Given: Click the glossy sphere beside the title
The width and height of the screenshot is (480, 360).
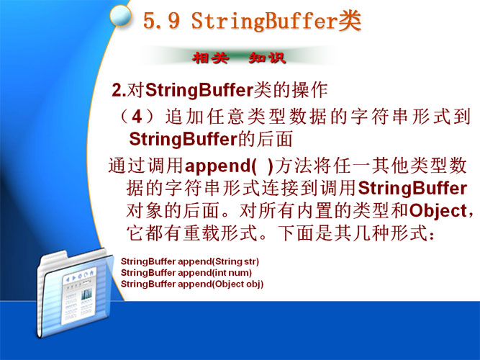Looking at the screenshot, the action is pyautogui.click(x=120, y=16).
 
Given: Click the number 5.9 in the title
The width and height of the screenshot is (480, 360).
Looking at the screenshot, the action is pyautogui.click(x=161, y=21).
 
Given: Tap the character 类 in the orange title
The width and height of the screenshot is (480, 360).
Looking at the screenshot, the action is pyautogui.click(x=350, y=20).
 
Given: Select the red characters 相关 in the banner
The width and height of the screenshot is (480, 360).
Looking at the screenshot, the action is pyautogui.click(x=211, y=58).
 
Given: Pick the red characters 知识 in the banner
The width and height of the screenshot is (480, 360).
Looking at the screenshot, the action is pyautogui.click(x=267, y=58).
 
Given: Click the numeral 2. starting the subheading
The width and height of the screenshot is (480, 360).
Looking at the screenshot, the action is pyautogui.click(x=119, y=91).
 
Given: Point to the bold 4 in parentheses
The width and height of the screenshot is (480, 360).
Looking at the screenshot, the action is pyautogui.click(x=137, y=117).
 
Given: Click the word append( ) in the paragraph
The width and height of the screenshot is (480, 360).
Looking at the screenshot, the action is pyautogui.click(x=229, y=166).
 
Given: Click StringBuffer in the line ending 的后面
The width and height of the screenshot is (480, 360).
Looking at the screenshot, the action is pyautogui.click(x=184, y=140).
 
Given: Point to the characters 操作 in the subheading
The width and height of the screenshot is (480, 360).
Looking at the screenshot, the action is pyautogui.click(x=309, y=90).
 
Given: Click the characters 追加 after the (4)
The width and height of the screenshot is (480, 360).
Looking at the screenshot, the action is pyautogui.click(x=185, y=117).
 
